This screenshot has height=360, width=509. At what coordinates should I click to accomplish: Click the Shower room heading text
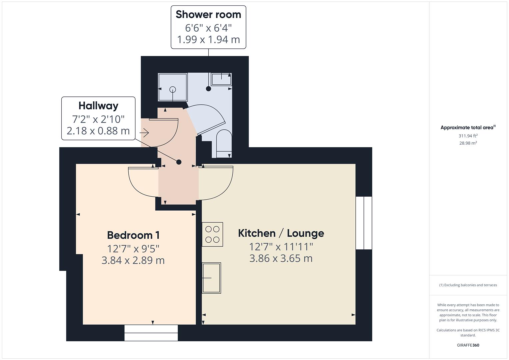coord(208,14)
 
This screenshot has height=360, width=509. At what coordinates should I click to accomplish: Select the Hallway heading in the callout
coord(98,106)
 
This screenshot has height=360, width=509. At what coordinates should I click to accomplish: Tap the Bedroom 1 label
coord(133,235)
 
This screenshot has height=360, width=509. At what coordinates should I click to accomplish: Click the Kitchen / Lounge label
coord(281,233)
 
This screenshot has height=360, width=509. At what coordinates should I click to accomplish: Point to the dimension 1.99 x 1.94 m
coord(208,39)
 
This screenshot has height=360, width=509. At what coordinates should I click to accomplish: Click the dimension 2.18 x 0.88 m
coord(98,131)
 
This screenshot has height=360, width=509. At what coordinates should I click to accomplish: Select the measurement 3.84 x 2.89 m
coord(133,260)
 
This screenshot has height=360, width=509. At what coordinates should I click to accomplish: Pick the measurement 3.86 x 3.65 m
coord(281,258)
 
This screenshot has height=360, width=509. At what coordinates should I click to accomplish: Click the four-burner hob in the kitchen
coord(212,234)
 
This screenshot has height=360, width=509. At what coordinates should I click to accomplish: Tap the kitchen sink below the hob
coord(212,278)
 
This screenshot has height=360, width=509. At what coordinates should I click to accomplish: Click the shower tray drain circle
coord(173,89)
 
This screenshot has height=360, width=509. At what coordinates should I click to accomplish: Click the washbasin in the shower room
coord(221,79)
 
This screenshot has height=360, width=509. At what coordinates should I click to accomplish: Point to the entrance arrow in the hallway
coord(144,133)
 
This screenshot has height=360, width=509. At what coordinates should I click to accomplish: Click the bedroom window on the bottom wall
coord(151,333)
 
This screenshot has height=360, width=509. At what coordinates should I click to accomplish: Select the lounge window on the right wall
coord(363,223)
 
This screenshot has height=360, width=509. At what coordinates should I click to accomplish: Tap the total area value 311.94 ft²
coord(468,136)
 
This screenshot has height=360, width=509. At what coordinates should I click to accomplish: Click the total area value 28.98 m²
coord(468,143)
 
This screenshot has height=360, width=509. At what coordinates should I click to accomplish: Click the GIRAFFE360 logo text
coord(468,345)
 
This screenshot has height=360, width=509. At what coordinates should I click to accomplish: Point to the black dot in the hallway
coord(179,162)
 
